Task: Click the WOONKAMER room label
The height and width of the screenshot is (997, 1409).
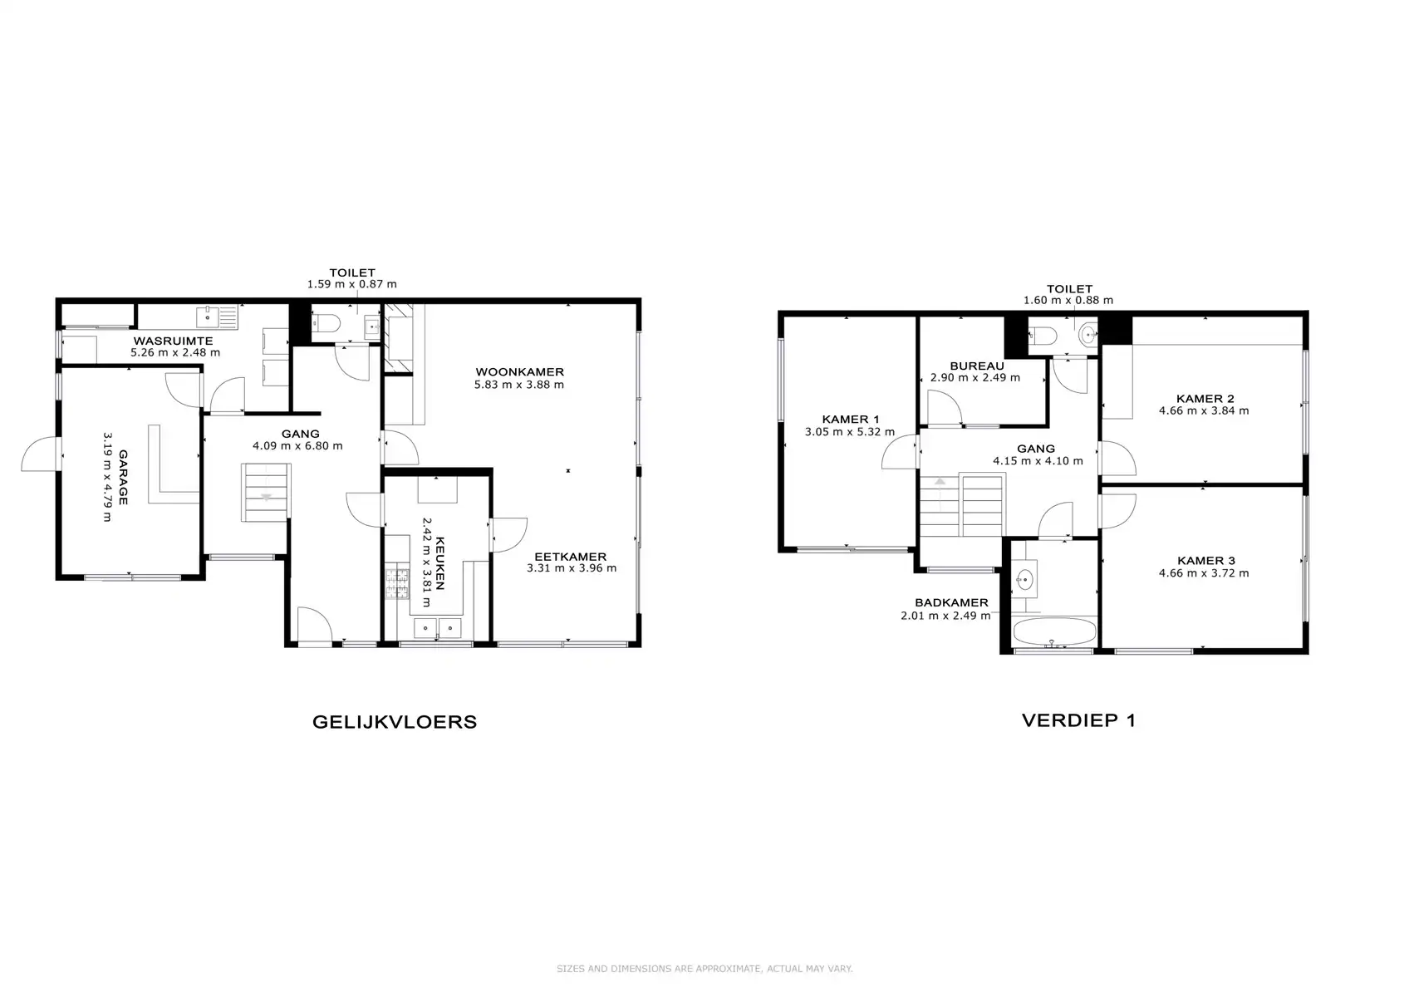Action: pos(519,371)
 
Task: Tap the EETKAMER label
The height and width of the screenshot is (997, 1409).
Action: pos(571,557)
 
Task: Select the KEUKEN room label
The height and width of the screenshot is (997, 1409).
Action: pos(439,563)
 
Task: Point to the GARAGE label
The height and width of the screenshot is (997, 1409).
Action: pos(123,477)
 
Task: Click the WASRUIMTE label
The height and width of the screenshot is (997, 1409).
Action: pos(173,341)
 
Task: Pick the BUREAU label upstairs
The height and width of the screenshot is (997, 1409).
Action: pos(977,366)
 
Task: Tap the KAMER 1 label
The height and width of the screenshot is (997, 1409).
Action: pos(851,420)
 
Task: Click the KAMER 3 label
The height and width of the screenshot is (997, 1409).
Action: pos(1205,561)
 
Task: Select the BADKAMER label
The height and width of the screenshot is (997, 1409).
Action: pos(951,602)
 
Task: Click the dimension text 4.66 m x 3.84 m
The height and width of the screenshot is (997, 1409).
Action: pos(1204,410)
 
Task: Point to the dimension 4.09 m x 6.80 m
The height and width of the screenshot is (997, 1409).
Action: pos(297,446)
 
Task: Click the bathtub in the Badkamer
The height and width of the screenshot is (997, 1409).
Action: pos(1054,631)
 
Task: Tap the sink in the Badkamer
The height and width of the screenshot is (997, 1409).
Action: pos(1024,578)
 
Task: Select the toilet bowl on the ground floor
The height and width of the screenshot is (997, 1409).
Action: pos(326,324)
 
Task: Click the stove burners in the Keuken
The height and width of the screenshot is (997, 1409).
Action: pos(397,583)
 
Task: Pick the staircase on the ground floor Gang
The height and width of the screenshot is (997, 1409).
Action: pos(266,493)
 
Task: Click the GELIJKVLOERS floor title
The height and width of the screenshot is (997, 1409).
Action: pos(395,721)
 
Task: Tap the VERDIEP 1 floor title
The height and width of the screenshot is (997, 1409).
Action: pos(1078,720)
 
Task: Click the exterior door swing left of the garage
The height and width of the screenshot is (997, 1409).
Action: pos(39,454)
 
